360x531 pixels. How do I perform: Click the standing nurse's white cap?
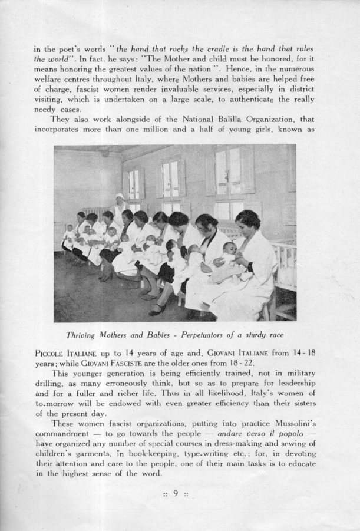(x=119, y=197)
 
